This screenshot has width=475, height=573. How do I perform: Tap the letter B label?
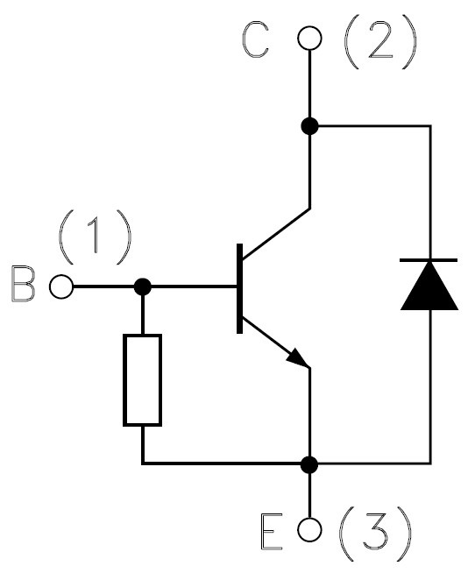(x=24, y=284)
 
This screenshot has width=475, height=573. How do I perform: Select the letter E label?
(x=272, y=532)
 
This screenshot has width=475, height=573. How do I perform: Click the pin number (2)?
(x=380, y=41)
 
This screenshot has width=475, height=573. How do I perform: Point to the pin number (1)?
(x=95, y=237)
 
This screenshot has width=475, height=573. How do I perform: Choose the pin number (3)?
(x=375, y=534)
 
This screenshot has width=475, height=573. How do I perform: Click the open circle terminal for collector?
(x=309, y=38)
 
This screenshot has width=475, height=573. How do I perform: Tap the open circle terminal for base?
(x=61, y=286)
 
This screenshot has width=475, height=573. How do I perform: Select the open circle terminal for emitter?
(x=309, y=529)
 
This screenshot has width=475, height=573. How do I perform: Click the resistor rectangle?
(x=142, y=380)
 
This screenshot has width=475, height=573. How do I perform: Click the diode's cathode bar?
(x=429, y=260)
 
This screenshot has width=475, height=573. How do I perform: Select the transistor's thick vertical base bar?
(x=239, y=288)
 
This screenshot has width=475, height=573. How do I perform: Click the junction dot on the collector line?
(x=309, y=126)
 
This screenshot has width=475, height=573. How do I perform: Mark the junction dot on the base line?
(x=143, y=286)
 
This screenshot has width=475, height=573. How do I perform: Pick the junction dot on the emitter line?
(x=309, y=464)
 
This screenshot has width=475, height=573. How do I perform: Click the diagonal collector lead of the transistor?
(x=276, y=234)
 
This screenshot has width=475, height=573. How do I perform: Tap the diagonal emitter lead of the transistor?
(x=276, y=343)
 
